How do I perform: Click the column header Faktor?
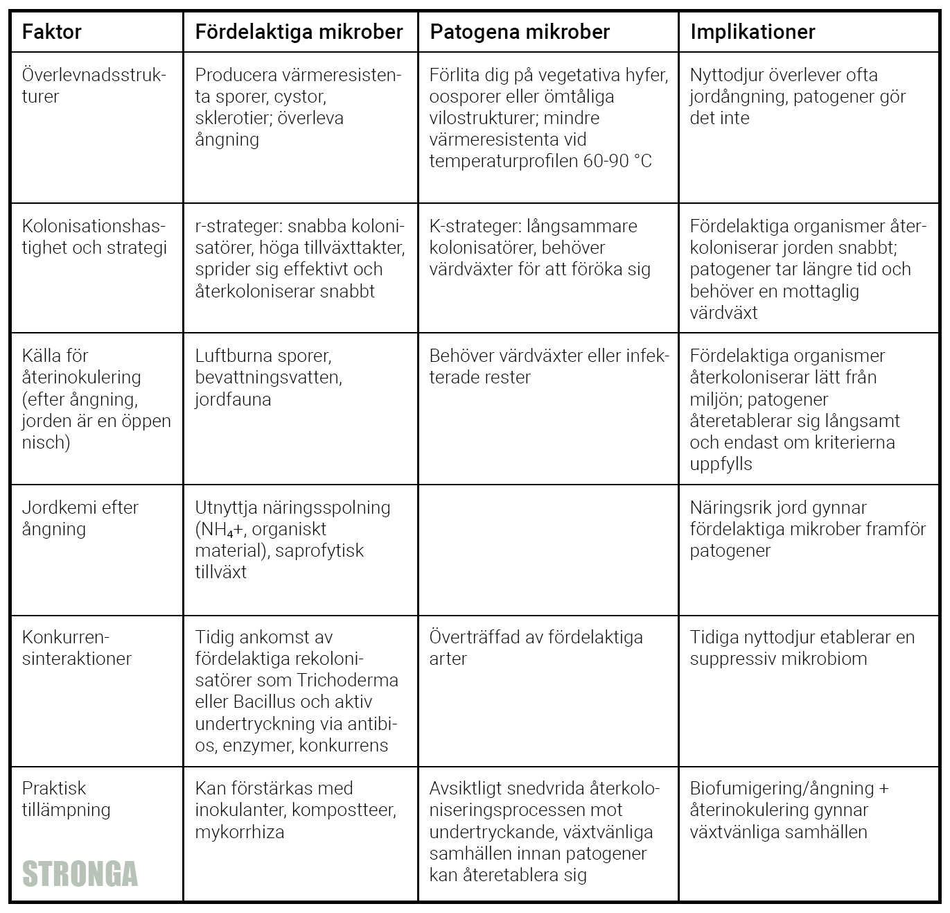(52, 32)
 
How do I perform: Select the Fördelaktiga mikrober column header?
(299, 32)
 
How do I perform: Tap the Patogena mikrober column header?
(520, 32)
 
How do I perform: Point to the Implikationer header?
(753, 32)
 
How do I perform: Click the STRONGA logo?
(80, 874)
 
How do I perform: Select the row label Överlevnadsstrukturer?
(94, 85)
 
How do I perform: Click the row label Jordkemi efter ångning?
(80, 518)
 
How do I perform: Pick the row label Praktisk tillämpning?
(66, 799)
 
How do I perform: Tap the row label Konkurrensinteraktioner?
(76, 647)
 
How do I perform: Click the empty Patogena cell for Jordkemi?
(548, 550)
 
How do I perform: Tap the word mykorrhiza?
(240, 832)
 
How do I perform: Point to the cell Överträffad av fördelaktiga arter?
(536, 647)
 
